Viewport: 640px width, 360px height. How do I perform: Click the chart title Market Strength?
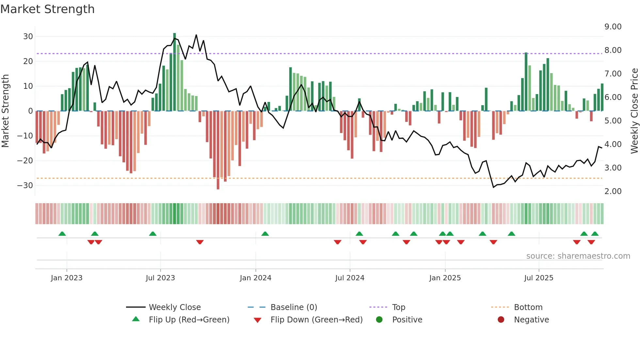click(47, 9)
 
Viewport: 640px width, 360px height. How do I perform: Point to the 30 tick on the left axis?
click(28, 36)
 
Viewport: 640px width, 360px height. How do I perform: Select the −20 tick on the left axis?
click(25, 160)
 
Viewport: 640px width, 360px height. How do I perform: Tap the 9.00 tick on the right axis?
click(613, 26)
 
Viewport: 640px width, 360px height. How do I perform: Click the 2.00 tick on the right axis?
click(613, 191)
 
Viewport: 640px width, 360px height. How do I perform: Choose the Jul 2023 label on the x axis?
click(160, 278)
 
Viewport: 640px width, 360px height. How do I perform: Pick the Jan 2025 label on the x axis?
click(445, 278)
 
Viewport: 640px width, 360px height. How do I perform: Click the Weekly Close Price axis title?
click(634, 111)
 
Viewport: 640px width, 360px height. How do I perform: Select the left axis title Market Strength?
click(5, 111)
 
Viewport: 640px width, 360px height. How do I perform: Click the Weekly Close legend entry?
click(174, 307)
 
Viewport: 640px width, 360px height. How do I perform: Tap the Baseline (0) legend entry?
click(294, 307)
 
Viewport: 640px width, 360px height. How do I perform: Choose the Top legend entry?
click(398, 307)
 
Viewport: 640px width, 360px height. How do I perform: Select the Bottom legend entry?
click(528, 307)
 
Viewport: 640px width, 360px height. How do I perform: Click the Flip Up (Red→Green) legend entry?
click(189, 320)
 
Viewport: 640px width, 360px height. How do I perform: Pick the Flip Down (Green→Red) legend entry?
click(316, 320)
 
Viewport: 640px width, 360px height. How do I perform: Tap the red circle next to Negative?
click(501, 319)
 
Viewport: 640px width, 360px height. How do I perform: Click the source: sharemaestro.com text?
click(578, 256)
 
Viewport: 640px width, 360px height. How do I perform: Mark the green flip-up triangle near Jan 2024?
click(265, 234)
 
